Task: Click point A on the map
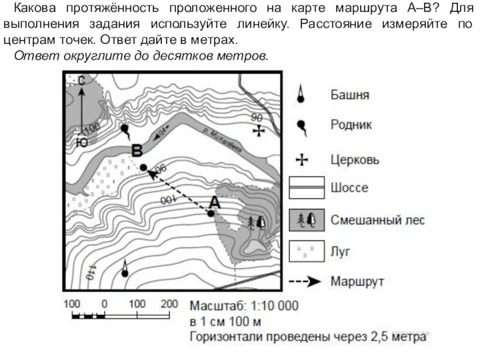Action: coord(211,213)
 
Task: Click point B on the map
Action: coord(143,167)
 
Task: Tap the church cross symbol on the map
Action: coord(259,130)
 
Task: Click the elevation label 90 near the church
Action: coord(257,118)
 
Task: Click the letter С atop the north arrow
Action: coord(82,80)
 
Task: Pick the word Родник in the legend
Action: coord(351,125)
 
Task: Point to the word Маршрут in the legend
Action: coord(357,281)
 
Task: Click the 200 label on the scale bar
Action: coord(170,304)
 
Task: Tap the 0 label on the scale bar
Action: coord(104,304)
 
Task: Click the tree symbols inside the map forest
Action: coord(256,222)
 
